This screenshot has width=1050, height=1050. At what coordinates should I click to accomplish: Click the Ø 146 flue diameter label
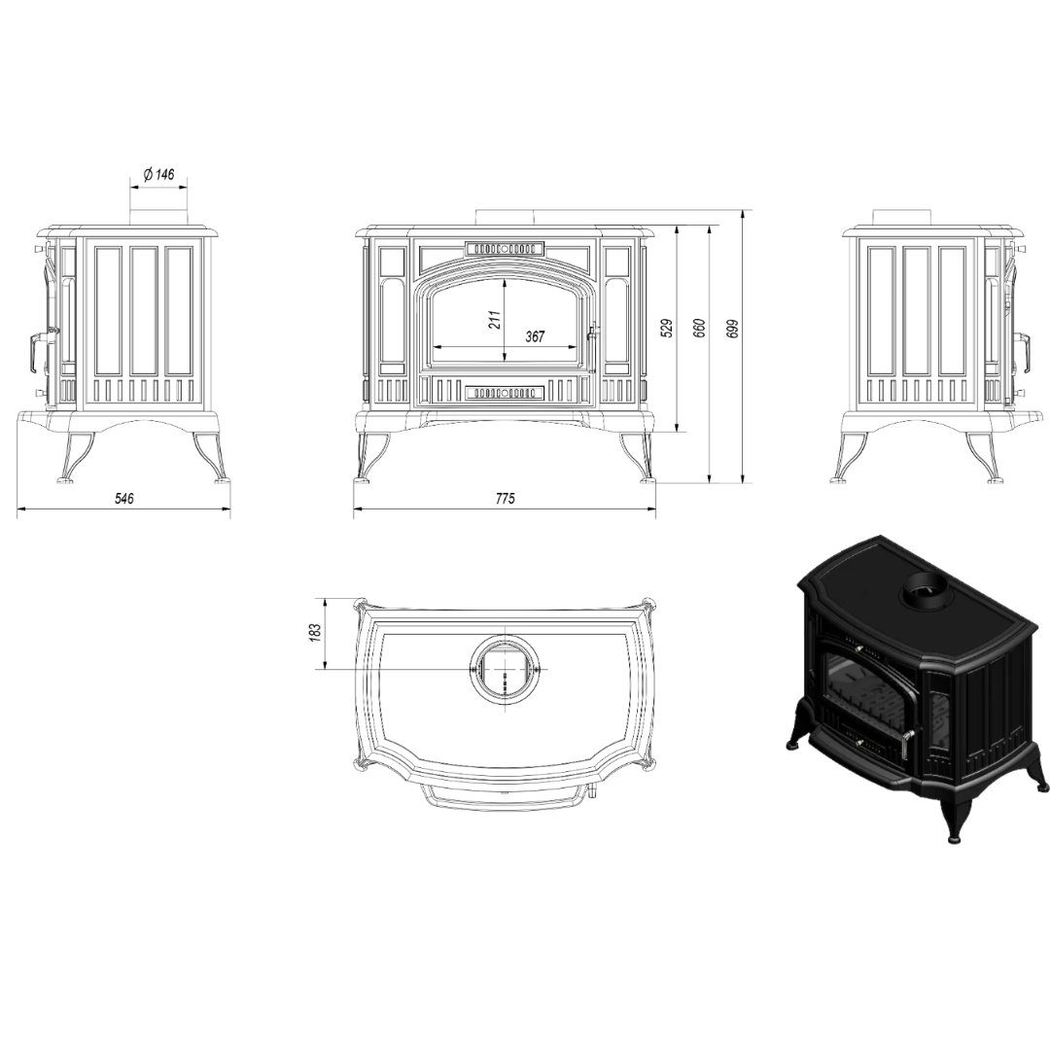(159, 175)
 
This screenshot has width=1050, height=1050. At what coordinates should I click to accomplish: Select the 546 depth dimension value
(124, 499)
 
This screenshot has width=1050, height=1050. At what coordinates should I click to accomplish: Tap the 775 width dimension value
(506, 499)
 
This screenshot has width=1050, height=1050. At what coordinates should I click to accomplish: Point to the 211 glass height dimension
(495, 320)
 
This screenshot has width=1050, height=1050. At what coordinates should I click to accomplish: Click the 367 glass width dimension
(535, 336)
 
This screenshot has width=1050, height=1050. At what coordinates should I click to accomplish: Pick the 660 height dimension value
(699, 328)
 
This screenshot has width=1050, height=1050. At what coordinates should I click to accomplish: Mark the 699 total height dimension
(733, 328)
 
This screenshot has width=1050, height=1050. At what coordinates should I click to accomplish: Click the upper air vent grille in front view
(505, 248)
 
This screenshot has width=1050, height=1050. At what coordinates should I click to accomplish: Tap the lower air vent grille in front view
(505, 393)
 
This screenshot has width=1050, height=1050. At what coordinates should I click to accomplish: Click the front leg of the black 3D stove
(953, 806)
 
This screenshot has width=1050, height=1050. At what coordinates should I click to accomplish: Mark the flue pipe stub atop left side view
(159, 216)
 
